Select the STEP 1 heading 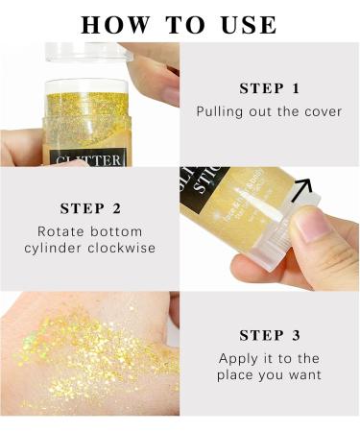pyautogui.click(x=269, y=88)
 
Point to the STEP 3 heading pyautogui.click(x=269, y=335)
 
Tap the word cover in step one pyautogui.click(x=322, y=111)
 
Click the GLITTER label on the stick pyautogui.click(x=90, y=158)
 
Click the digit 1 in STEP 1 pyautogui.click(x=296, y=88)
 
